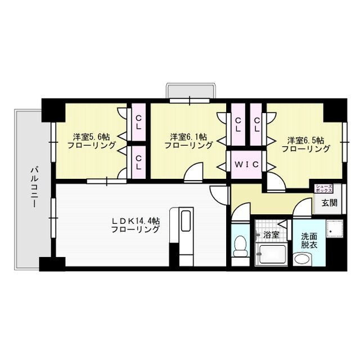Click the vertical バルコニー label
pos(34,186)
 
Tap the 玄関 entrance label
pos(330,203)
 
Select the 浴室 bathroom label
pos(272,234)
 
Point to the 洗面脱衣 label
pos(309,241)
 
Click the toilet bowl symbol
pos(240,247)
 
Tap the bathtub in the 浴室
pos(272,254)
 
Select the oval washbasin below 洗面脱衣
pos(303,259)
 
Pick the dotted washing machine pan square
pos(335,231)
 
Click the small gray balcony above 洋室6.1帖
pos(190,91)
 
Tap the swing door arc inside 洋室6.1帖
pos(195,172)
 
